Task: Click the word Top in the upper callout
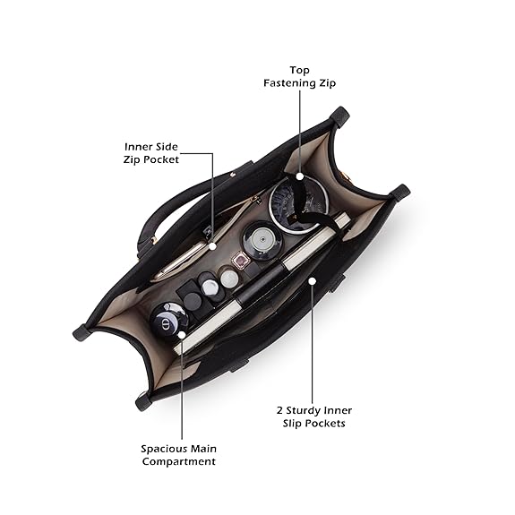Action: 299,71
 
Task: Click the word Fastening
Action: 286,82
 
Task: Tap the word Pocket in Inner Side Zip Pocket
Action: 160,159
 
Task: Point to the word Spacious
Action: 160,449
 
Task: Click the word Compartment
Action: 178,461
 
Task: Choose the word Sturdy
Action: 303,410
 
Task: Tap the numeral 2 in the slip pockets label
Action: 279,410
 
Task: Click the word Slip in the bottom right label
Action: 292,424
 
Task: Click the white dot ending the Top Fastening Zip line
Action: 299,176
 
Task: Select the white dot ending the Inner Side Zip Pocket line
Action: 213,246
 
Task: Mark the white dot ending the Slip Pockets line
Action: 312,281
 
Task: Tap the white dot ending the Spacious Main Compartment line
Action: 182,335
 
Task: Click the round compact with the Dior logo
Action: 168,318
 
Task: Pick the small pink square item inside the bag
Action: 242,261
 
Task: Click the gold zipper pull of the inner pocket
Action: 256,200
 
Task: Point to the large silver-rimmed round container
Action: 298,205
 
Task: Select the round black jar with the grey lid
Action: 262,241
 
